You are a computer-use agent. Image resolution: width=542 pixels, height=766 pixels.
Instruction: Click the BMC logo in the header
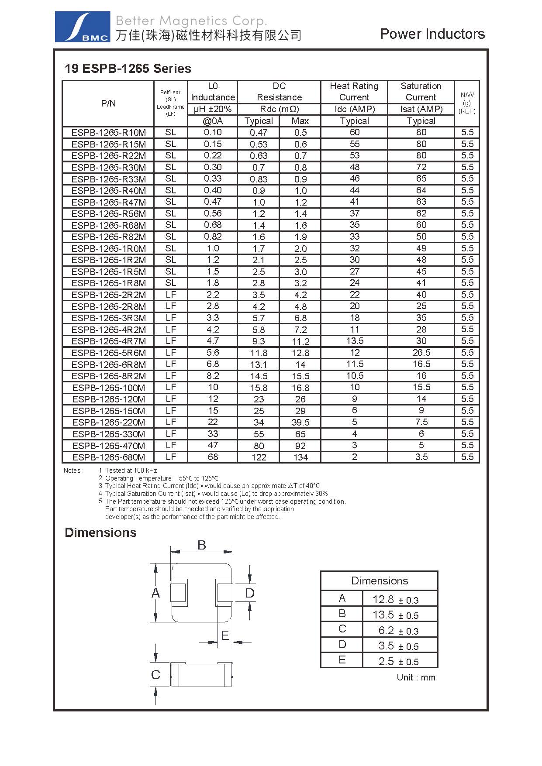coord(82,27)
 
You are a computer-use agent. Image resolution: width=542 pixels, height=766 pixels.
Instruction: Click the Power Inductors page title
coord(432,34)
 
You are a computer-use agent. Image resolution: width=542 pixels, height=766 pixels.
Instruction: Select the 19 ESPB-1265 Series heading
coord(128,69)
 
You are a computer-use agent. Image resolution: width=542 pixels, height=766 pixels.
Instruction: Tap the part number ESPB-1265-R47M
coord(109,202)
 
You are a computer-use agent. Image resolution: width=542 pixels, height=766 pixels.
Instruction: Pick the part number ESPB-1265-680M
coord(109,457)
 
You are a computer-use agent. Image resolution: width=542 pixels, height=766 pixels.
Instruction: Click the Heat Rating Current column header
coord(354,92)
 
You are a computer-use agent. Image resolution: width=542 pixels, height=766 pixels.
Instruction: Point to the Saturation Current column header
coord(421,92)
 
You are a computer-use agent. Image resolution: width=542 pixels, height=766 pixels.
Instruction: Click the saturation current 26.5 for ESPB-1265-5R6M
coord(421,353)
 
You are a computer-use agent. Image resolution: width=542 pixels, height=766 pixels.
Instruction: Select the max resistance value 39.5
coord(300,423)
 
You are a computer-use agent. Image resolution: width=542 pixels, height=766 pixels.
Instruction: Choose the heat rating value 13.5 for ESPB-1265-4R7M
coord(355,341)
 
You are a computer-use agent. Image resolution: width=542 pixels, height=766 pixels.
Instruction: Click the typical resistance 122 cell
coord(259,457)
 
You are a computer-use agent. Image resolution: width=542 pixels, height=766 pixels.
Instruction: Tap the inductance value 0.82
coord(213,237)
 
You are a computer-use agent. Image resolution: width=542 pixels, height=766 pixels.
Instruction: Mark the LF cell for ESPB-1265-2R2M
coord(171,295)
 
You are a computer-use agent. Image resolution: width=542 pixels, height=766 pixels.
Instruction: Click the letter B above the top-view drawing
coord(201,545)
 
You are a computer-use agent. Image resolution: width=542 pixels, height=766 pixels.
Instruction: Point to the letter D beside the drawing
coord(249,593)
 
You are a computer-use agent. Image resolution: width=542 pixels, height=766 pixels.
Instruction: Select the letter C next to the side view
coord(155,675)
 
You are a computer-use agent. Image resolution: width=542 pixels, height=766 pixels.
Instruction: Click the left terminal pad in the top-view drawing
coord(179,593)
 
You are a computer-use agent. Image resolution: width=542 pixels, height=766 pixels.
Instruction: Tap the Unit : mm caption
coord(416,677)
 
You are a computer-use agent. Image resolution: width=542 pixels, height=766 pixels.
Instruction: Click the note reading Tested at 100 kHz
coord(131,471)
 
